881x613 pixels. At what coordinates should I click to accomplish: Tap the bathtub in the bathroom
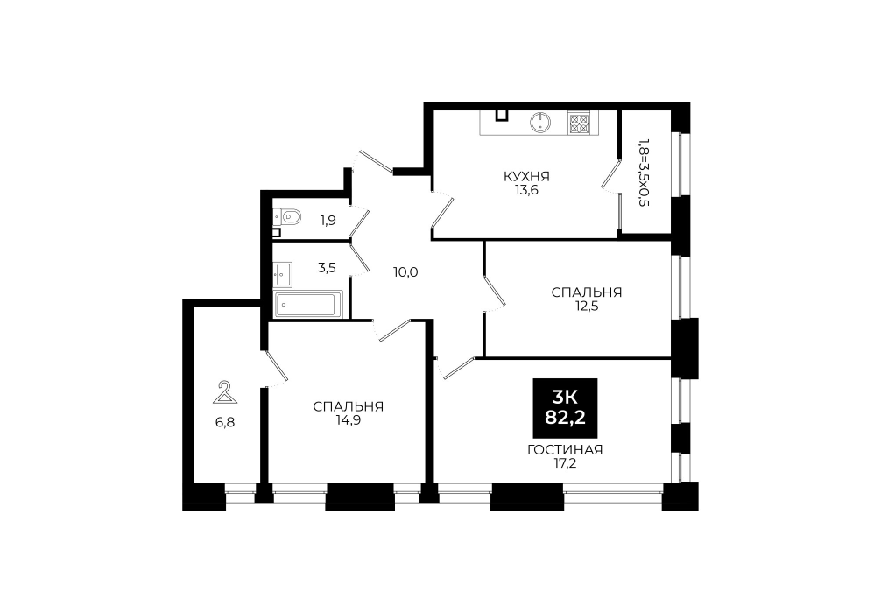pos(308,305)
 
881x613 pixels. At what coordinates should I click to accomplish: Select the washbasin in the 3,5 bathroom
pos(282,274)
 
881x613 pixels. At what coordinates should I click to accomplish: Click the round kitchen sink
pos(540,123)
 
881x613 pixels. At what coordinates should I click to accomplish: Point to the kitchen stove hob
pos(579,123)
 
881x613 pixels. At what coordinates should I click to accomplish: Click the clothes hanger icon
pos(225,392)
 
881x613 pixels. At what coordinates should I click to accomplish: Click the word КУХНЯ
pos(526,176)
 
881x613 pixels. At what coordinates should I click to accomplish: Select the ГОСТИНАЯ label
pos(565,450)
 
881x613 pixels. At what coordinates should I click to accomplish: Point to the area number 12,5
pos(587,306)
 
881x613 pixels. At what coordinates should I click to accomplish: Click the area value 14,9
pos(349,420)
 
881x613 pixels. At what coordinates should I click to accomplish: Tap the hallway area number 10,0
pos(405,273)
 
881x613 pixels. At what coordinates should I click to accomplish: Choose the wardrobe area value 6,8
pos(225,422)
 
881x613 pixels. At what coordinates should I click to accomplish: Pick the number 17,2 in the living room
pos(565,463)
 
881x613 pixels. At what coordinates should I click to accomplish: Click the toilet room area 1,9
pos(328,221)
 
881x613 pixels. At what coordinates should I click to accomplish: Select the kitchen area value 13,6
pos(527,190)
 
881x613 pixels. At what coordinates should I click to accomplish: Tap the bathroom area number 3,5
pos(327,267)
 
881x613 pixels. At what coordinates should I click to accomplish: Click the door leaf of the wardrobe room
pos(276,366)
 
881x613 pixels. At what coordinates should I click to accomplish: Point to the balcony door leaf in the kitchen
pos(610,175)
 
